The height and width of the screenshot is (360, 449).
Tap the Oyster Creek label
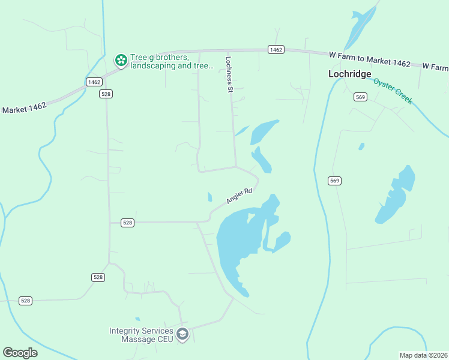(x=393, y=91)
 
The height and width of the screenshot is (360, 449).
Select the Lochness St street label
(x=229, y=74)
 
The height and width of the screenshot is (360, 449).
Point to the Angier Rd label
(x=239, y=196)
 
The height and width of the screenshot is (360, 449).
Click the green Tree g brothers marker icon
(x=121, y=60)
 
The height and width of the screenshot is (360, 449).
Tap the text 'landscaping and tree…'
(x=172, y=66)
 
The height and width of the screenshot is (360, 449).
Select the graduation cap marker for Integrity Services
(x=183, y=334)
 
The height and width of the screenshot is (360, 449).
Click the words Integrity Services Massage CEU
(x=141, y=335)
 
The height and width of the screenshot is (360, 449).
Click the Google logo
(x=20, y=353)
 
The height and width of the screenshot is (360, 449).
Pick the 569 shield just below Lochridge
(x=360, y=97)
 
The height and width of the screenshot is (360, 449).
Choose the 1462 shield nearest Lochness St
(x=276, y=50)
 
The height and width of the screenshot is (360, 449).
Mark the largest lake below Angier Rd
(x=237, y=240)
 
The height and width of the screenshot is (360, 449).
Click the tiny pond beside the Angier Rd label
(x=209, y=197)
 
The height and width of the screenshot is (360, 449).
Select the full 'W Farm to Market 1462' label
(x=370, y=58)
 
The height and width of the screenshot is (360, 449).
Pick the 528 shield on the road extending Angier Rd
(x=127, y=223)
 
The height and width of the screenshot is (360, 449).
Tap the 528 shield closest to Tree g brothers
(x=106, y=94)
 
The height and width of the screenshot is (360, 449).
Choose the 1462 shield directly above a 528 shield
(x=93, y=82)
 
